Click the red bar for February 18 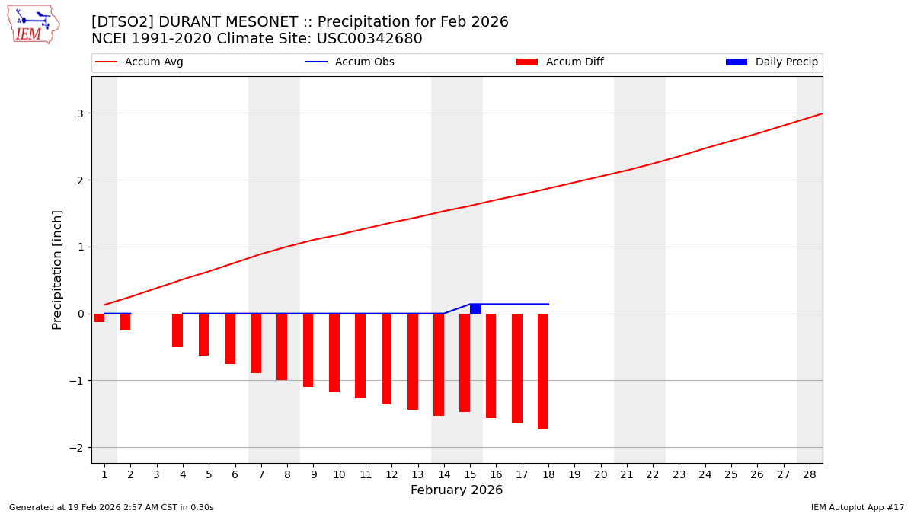[543, 372]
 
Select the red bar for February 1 [99, 318]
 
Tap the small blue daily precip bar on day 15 [475, 308]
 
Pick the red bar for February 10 [334, 353]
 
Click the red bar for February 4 [177, 330]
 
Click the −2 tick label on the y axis [76, 448]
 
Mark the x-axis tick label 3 [156, 474]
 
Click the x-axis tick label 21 [626, 474]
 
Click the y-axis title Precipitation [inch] [58, 270]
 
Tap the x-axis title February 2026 [456, 490]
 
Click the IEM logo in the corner [33, 24]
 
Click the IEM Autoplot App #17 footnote [857, 507]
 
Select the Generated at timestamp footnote [111, 507]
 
